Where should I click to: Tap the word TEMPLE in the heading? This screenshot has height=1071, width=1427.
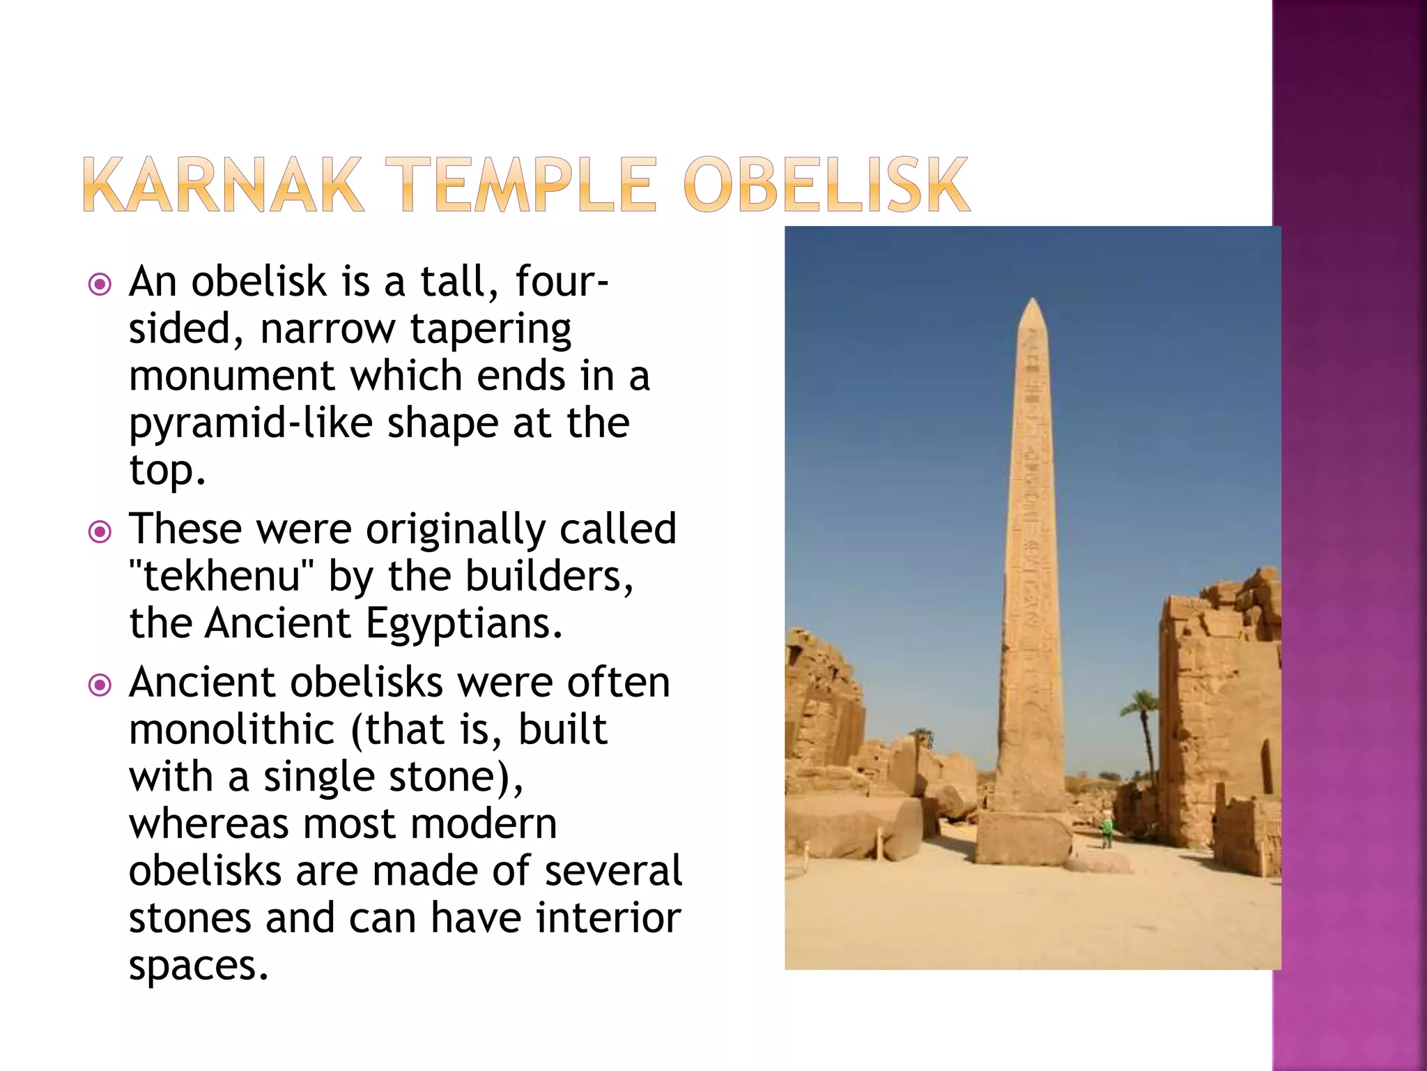pos(528,185)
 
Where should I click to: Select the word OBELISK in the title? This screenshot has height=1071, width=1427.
pos(826,185)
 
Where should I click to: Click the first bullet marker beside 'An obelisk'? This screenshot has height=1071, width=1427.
pos(100,284)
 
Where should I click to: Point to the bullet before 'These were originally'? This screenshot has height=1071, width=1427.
pos(100,533)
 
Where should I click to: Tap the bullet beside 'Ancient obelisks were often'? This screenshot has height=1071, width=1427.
pos(100,685)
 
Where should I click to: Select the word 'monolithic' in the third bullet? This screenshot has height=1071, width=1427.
pos(232,730)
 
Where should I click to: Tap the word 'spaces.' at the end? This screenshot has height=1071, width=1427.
pos(199,966)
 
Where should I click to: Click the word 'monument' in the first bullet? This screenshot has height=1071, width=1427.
pos(232,377)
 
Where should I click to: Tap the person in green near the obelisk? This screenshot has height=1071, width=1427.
pos(1106,832)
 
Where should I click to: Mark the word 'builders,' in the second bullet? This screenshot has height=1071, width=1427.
pos(549,577)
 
